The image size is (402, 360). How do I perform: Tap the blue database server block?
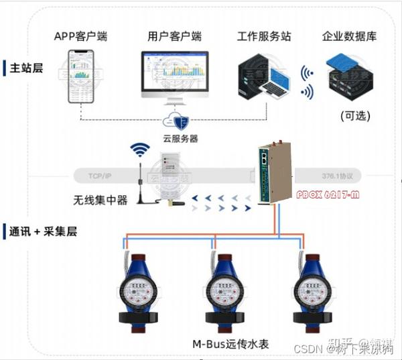(349, 77)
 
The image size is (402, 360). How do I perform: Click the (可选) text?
(356, 115)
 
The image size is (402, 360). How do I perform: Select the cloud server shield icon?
(180, 121)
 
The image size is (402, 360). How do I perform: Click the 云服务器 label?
(180, 139)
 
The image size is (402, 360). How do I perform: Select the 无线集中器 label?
(100, 199)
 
